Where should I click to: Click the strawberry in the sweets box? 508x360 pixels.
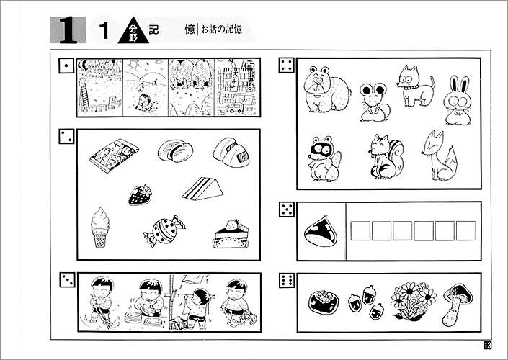pos(140,195)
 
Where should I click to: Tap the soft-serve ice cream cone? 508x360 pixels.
pos(99,228)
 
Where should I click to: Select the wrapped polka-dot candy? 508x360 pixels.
pos(164,230)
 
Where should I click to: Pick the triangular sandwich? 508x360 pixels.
pos(202,189)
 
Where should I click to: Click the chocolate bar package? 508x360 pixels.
pos(115,156)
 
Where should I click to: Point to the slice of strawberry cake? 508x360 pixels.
pos(231,234)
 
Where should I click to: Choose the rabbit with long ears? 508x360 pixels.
pos(458,100)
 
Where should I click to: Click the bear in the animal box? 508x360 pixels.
pos(326,89)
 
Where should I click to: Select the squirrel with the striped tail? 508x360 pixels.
pos(386,157)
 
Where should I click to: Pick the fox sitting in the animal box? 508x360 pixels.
pos(440,156)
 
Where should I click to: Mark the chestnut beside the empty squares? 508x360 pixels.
pos(321,231)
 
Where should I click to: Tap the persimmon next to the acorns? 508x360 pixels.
pos(323,302)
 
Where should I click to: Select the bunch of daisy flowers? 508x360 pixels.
pos(414,301)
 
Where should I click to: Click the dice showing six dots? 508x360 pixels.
pos(287,280)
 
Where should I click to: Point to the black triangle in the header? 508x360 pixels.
pos(133,30)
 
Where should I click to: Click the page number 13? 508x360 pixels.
pos(488,345)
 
